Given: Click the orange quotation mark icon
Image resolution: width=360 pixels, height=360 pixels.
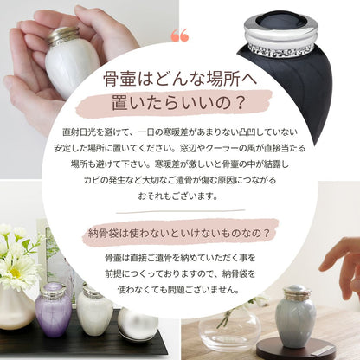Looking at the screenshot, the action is pos(180,35).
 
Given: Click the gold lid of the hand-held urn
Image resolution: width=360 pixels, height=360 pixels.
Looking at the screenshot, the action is pos(63,35).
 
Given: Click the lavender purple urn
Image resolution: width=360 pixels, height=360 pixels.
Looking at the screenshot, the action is pos(54,310).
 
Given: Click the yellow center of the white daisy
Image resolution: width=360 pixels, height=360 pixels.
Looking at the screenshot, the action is pos(15,273).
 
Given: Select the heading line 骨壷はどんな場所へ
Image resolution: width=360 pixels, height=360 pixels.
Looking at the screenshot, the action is pos(180,79).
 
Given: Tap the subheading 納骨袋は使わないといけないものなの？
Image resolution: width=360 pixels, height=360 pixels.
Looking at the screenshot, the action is pos(179,233).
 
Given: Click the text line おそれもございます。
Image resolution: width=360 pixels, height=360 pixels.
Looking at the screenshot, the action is pos(177,196).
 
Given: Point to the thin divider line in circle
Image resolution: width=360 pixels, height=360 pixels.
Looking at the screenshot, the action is pos(180,212).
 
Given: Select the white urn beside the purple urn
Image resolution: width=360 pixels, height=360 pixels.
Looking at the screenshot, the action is pos(95,308).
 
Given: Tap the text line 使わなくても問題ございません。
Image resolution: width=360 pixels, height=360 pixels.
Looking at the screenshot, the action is pos(179,289).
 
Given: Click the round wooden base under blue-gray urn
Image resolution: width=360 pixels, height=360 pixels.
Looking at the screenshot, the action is pos(296,350).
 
